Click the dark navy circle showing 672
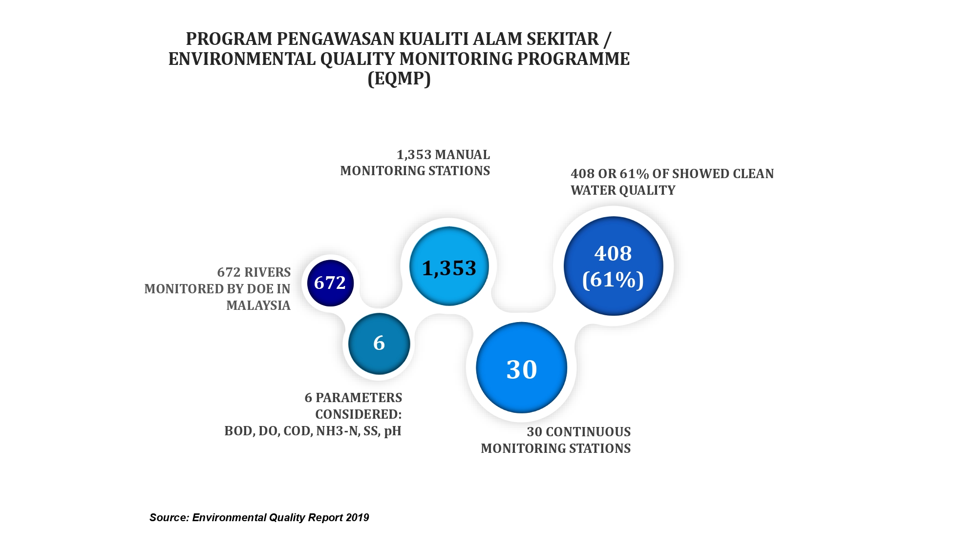click(330, 283)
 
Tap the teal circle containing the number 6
click(379, 344)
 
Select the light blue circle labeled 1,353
click(449, 266)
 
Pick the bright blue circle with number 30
click(522, 367)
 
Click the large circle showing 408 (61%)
click(614, 266)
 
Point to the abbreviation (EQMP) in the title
click(399, 79)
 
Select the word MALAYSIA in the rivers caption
click(258, 305)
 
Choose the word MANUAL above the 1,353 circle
click(463, 155)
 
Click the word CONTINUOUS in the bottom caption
click(588, 432)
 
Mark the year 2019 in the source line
click(357, 518)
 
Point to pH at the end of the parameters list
click(393, 431)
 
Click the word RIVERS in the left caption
click(267, 272)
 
